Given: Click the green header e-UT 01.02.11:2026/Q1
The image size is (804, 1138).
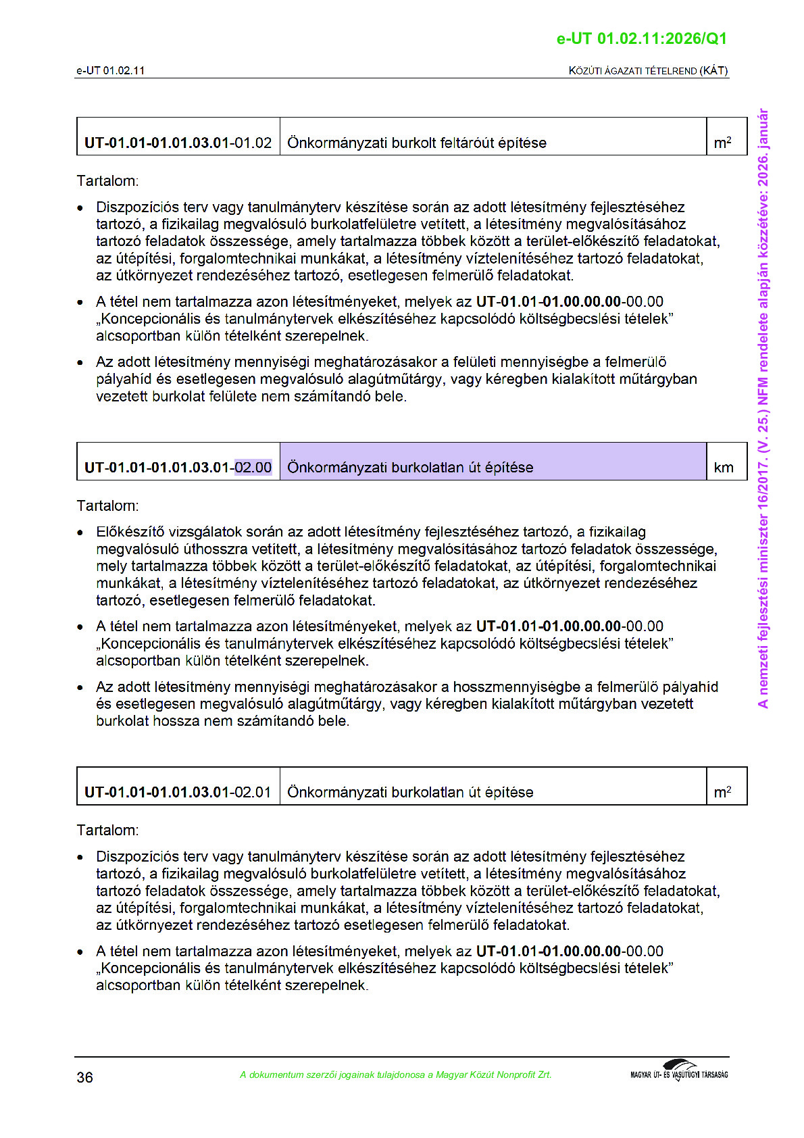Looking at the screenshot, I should pos(641,39).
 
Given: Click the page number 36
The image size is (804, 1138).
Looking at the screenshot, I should pos(84,1077).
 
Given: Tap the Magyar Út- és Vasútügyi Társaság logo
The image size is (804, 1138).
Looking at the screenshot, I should pos(679,1071).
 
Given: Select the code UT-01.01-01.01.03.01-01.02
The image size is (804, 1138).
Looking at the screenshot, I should pos(178,143).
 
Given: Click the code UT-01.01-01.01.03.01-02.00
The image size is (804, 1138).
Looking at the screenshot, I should pos(178,468).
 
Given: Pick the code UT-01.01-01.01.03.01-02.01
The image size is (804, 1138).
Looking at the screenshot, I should pos(178,792).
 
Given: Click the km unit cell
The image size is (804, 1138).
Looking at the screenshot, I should pos(724,468).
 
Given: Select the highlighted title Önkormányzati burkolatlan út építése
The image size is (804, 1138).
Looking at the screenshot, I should pos(410,468).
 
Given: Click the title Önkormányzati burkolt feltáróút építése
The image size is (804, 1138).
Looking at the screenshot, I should pos(416,143).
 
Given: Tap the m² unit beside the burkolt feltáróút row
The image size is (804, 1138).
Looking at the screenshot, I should pos(722,143).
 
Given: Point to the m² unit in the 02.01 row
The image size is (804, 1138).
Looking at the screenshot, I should pos(722,792).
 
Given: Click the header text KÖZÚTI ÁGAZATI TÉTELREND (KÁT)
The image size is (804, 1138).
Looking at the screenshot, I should pos(648,71).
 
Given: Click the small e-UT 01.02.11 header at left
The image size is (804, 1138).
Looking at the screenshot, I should pos(110,71).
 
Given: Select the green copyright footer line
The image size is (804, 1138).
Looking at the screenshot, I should pos(395,1074).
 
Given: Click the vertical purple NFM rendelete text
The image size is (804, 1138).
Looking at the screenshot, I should pos(763,409).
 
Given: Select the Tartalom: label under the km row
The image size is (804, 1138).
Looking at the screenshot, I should pos(107,505).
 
